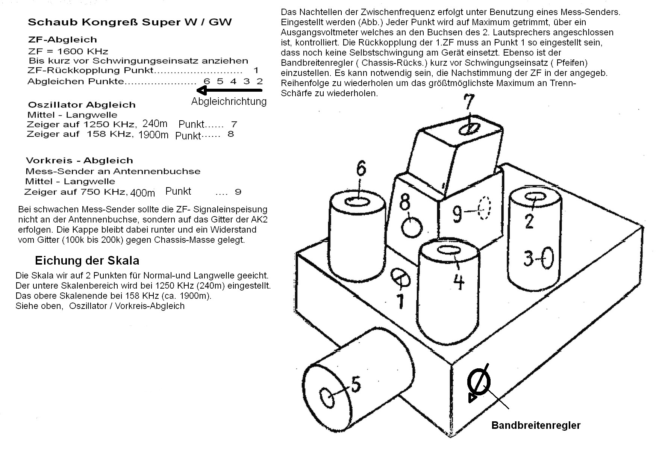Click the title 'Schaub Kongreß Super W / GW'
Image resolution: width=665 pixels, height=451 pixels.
click(130, 22)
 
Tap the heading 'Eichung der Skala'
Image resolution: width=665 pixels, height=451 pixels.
click(87, 260)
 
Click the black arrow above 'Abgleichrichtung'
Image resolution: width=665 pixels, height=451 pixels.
click(229, 90)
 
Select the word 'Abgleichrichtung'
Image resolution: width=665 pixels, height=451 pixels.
click(229, 101)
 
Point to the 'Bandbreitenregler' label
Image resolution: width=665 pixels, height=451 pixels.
click(536, 425)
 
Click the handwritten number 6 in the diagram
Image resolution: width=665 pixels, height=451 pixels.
click(361, 169)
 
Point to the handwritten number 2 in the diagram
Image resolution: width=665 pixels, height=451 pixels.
click(529, 221)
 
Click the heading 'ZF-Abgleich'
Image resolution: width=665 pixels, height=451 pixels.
click(62, 39)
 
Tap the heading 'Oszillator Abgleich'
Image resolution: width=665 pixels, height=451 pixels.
click(82, 104)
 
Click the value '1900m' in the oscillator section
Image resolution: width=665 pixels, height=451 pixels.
click(153, 135)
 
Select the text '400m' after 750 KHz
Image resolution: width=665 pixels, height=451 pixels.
click(143, 193)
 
